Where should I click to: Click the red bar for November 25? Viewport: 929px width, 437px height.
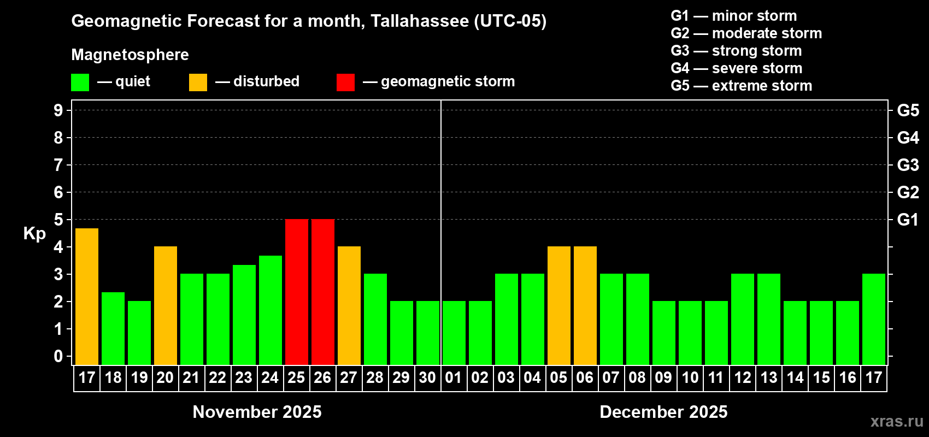[297, 292]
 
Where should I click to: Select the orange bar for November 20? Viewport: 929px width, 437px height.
[166, 305]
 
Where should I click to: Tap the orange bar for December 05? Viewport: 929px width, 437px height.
[559, 305]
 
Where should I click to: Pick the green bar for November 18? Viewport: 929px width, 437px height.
[113, 328]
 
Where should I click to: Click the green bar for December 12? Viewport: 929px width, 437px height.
[743, 319]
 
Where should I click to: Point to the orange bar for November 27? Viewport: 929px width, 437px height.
[349, 305]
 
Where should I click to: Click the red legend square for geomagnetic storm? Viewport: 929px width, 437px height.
[345, 82]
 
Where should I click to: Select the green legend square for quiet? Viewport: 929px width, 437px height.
[80, 82]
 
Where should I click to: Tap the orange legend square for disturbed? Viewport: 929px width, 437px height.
[198, 82]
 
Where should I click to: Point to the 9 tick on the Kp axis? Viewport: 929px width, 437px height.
[58, 110]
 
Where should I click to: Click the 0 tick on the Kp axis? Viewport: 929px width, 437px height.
[58, 357]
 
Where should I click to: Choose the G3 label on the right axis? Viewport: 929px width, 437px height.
[908, 165]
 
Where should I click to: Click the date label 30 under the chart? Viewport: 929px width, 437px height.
[427, 377]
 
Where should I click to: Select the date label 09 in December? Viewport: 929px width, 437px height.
[663, 377]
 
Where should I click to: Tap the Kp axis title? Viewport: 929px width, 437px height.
[34, 234]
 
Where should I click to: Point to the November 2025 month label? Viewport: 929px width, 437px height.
[257, 412]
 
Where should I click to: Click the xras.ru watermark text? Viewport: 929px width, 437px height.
[897, 421]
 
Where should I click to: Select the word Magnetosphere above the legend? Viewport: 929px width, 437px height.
[130, 55]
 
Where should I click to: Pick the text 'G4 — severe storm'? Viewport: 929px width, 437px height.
[737, 68]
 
